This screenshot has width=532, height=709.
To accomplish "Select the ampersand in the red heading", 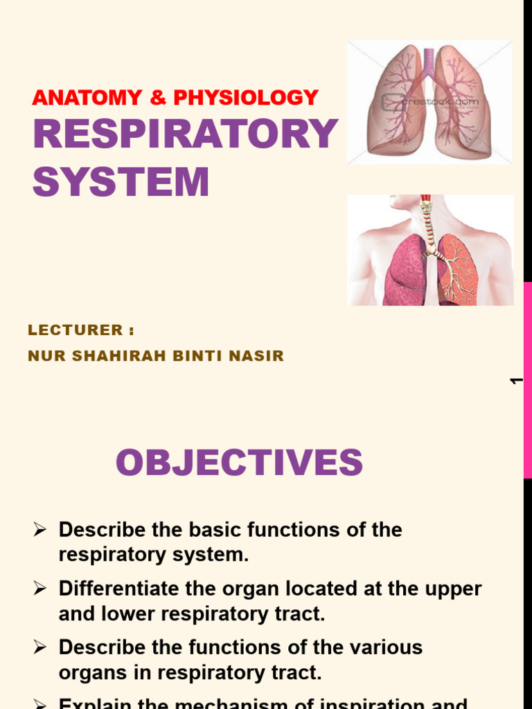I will coord(159,98).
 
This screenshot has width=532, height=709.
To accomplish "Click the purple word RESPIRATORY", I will coord(186,134).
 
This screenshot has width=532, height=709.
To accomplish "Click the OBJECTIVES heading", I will coord(239,463).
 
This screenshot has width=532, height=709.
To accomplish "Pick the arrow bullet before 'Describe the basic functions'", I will coord(39,530).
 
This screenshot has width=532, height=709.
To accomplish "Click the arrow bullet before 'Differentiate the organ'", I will coord(39,589).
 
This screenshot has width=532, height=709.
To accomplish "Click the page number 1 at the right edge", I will coord(515,381).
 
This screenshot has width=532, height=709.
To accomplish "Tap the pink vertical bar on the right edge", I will coord(527,381).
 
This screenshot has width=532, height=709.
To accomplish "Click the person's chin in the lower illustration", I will coord(398,207).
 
